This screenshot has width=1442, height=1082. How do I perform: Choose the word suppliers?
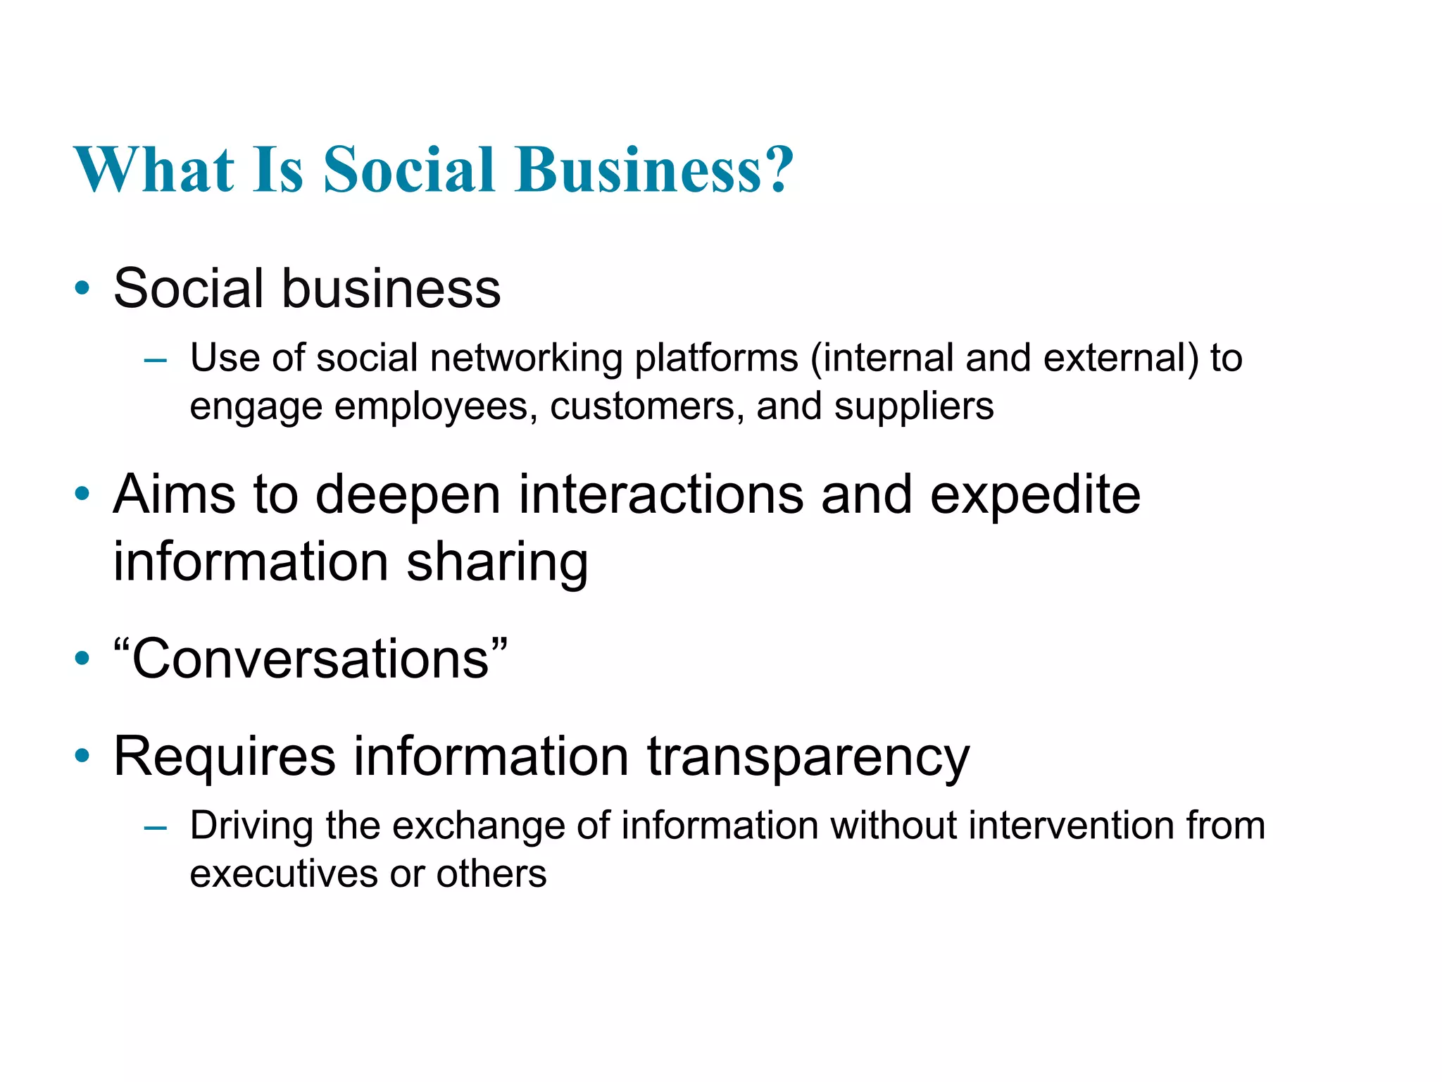(914, 407)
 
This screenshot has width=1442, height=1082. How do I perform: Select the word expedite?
(1035, 495)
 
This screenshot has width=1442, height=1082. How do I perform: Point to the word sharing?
(497, 562)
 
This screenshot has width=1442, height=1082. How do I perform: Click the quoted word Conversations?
(311, 659)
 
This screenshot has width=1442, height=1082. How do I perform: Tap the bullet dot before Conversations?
(82, 659)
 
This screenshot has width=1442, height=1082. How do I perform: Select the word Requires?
(225, 757)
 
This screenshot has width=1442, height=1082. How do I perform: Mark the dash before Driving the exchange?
(155, 828)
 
